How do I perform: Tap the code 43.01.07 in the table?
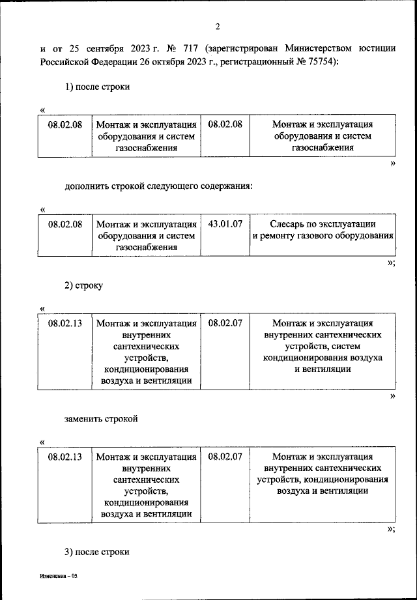tap(225, 224)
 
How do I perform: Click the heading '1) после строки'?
tap(98, 87)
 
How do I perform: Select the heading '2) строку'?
tap(84, 286)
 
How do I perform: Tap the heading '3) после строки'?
tap(98, 552)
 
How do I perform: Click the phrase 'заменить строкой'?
tap(101, 418)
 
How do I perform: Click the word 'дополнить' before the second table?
tap(87, 186)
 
